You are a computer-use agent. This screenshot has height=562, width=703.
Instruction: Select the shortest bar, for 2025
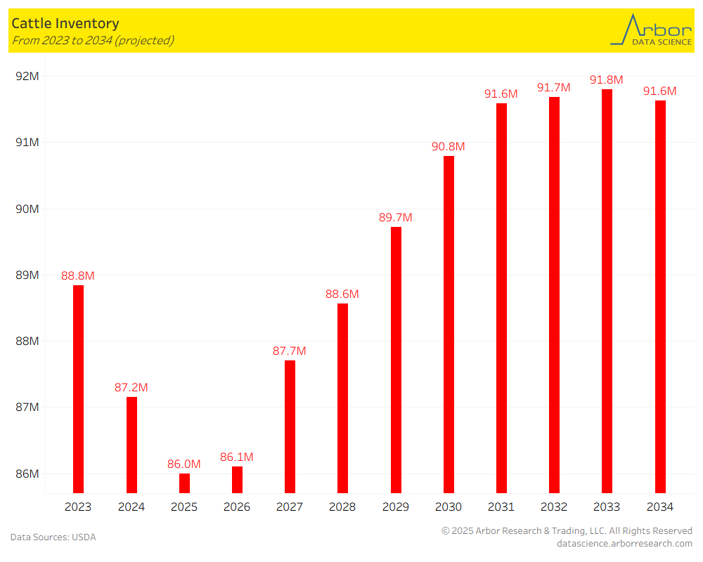click(184, 483)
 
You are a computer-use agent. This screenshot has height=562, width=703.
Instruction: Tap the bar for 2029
click(396, 360)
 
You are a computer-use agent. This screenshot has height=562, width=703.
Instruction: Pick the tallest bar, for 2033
click(607, 291)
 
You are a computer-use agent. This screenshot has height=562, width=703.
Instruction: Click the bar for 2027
click(290, 426)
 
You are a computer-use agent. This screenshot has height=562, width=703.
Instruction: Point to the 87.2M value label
click(131, 387)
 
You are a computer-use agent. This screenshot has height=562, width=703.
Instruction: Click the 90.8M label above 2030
click(449, 146)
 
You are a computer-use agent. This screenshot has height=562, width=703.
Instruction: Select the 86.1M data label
click(237, 457)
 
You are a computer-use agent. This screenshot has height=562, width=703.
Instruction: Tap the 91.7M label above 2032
click(554, 87)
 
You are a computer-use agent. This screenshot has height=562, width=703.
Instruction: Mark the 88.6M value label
click(342, 294)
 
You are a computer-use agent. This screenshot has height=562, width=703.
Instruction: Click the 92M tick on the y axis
click(27, 76)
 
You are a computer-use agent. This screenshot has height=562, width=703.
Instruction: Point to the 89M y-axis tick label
click(27, 275)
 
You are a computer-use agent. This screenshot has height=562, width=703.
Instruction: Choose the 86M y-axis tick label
click(27, 473)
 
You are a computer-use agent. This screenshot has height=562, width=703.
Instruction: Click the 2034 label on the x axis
click(660, 507)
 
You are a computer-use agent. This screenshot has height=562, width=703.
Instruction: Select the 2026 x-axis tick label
click(237, 507)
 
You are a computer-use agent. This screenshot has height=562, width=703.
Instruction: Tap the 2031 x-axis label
click(501, 507)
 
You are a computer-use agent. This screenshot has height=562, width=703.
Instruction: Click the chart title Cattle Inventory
click(65, 24)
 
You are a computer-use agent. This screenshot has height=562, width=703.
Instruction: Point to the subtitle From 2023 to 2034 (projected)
click(93, 40)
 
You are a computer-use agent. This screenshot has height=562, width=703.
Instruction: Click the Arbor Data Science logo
click(651, 30)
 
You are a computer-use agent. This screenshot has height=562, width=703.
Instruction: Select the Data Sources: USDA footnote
click(53, 537)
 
